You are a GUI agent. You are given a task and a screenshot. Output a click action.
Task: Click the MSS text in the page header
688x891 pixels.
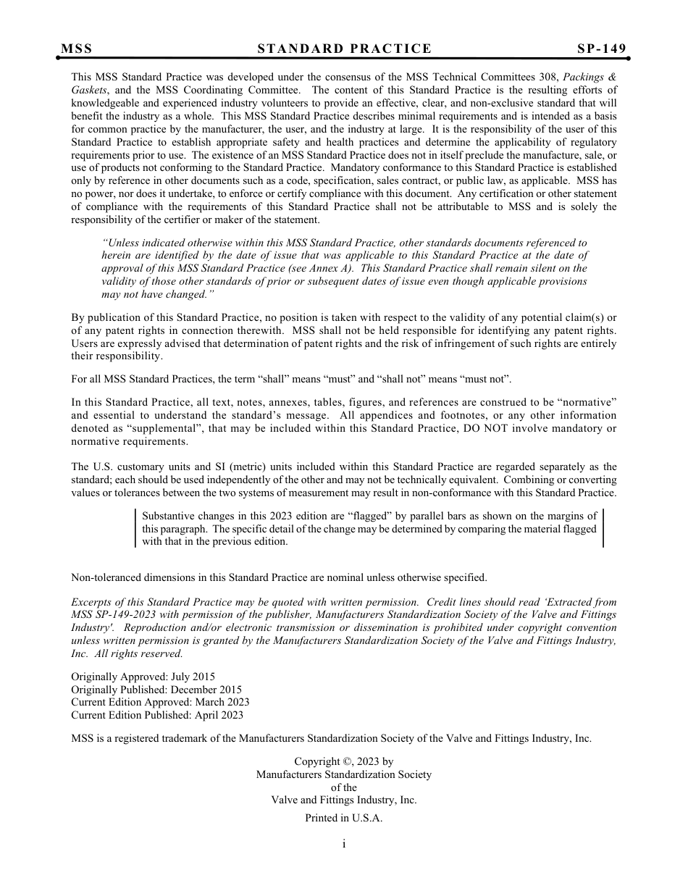tap(77, 49)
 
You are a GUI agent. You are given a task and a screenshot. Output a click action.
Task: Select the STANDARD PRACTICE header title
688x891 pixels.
tap(344, 49)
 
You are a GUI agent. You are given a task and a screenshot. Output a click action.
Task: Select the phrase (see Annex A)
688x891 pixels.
tap(322, 269)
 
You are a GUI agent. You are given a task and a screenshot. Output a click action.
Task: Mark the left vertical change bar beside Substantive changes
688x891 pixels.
tap(136, 528)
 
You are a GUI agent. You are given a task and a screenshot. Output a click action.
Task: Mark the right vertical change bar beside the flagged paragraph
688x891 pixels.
tap(603, 528)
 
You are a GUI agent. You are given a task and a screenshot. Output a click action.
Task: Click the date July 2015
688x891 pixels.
tap(191, 677)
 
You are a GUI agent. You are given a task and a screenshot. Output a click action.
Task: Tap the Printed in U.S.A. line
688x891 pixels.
tap(344, 818)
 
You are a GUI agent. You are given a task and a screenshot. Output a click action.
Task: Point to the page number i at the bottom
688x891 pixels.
tap(344, 844)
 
